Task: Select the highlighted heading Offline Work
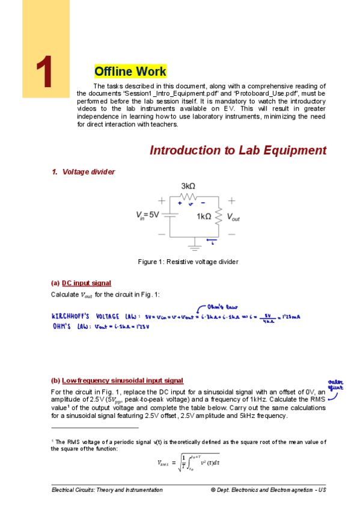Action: pyautogui.click(x=130, y=72)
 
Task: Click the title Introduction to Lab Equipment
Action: pyautogui.click(x=237, y=150)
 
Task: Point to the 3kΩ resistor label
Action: pyautogui.click(x=190, y=186)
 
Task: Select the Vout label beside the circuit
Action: pyautogui.click(x=232, y=217)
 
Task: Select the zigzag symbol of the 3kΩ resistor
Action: pyautogui.click(x=189, y=196)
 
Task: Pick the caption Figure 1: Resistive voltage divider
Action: pyautogui.click(x=188, y=262)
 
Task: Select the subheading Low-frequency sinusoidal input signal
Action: pyautogui.click(x=123, y=380)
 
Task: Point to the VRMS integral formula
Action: pyautogui.click(x=188, y=462)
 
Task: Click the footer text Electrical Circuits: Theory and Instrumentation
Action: pyautogui.click(x=107, y=490)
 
